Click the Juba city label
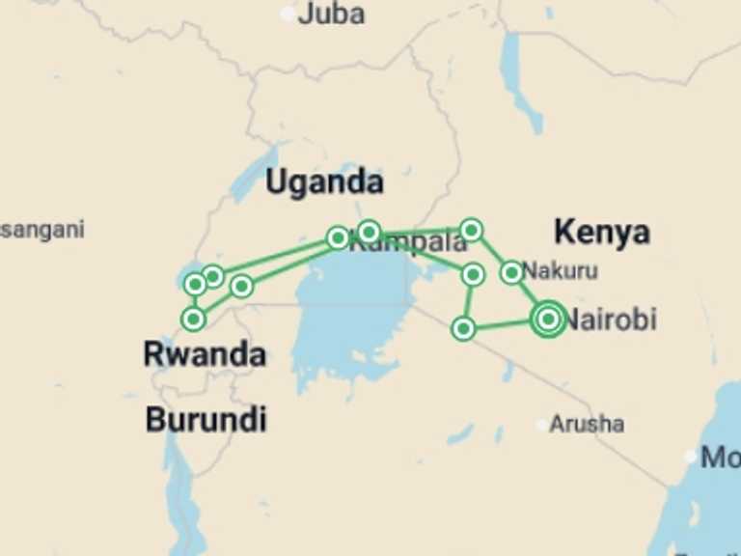[332, 14]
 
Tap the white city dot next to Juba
[288, 14]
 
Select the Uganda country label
[324, 181]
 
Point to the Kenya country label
[601, 232]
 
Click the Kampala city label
[407, 244]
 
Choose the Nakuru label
[561, 270]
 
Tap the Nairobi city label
[610, 319]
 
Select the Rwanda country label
[205, 354]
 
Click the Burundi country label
[206, 420]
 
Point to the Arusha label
[587, 424]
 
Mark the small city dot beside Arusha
[541, 424]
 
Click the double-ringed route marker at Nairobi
[548, 319]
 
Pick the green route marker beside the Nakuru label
[511, 272]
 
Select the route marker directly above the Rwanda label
[194, 319]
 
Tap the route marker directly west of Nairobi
[463, 329]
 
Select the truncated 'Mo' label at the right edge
[721, 457]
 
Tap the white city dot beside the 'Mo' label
[691, 457]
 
